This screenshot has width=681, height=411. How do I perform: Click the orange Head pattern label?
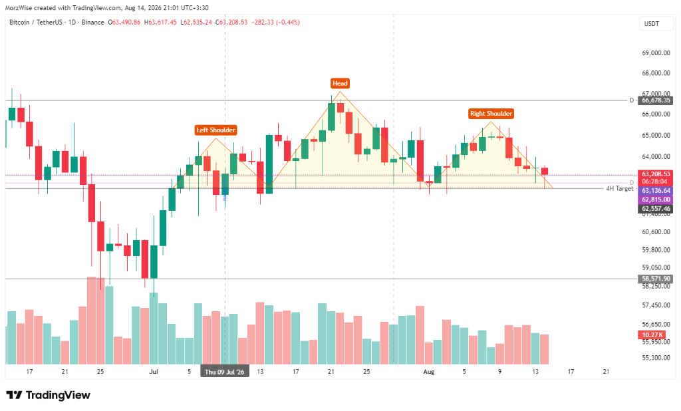point(340,83)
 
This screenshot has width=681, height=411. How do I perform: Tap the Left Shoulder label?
point(215,130)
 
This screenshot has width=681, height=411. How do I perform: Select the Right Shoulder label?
point(491,114)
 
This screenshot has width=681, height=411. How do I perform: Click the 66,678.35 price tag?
point(656,100)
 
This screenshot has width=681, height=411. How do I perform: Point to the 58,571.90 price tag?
point(656,279)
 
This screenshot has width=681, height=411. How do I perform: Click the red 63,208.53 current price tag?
point(655,174)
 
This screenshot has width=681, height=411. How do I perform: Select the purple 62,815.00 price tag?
point(655,200)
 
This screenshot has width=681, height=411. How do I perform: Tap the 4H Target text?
point(620,189)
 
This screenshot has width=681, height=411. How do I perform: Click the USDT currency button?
point(652,24)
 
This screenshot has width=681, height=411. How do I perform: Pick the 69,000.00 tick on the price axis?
point(656,53)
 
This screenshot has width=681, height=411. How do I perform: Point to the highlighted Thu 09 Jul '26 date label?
point(225,372)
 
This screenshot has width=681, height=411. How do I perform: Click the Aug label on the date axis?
point(429,372)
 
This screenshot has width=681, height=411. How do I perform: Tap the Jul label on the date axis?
point(154,372)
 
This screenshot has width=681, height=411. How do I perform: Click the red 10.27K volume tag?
point(652,335)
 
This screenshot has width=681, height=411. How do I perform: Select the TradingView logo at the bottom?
point(48,395)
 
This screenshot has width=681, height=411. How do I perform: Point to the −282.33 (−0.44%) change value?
point(275,22)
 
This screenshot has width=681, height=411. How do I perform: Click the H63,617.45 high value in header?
point(160,22)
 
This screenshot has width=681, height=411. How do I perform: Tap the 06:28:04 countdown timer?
point(654,182)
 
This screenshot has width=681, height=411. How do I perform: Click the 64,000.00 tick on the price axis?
point(656,156)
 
